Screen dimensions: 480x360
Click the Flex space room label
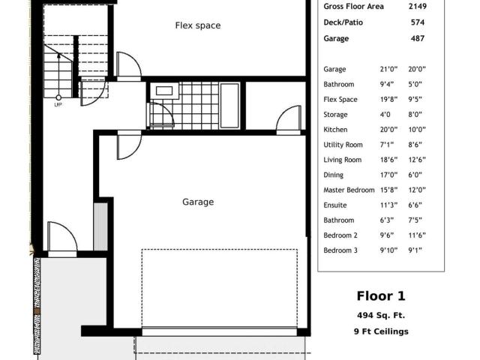198,25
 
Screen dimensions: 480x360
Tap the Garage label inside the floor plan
198,202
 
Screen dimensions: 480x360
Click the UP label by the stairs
58,105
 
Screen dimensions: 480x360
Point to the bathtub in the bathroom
229,105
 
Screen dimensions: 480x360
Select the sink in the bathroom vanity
164,91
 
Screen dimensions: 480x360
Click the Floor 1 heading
381,296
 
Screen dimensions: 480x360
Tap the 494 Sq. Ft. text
381,315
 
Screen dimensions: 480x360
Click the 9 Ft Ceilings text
381,331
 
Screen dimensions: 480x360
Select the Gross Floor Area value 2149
418,7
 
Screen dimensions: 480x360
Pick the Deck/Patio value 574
418,22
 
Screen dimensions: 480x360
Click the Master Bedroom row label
349,190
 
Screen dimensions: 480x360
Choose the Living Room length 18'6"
388,160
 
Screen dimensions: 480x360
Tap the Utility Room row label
343,145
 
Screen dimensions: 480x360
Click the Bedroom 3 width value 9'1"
415,250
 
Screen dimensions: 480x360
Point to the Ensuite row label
335,205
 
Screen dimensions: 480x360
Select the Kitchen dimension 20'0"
388,130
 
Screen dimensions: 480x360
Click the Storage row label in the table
335,115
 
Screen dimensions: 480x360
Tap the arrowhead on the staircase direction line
58,55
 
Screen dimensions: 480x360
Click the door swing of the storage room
288,117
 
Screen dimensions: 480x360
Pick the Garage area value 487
418,38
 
